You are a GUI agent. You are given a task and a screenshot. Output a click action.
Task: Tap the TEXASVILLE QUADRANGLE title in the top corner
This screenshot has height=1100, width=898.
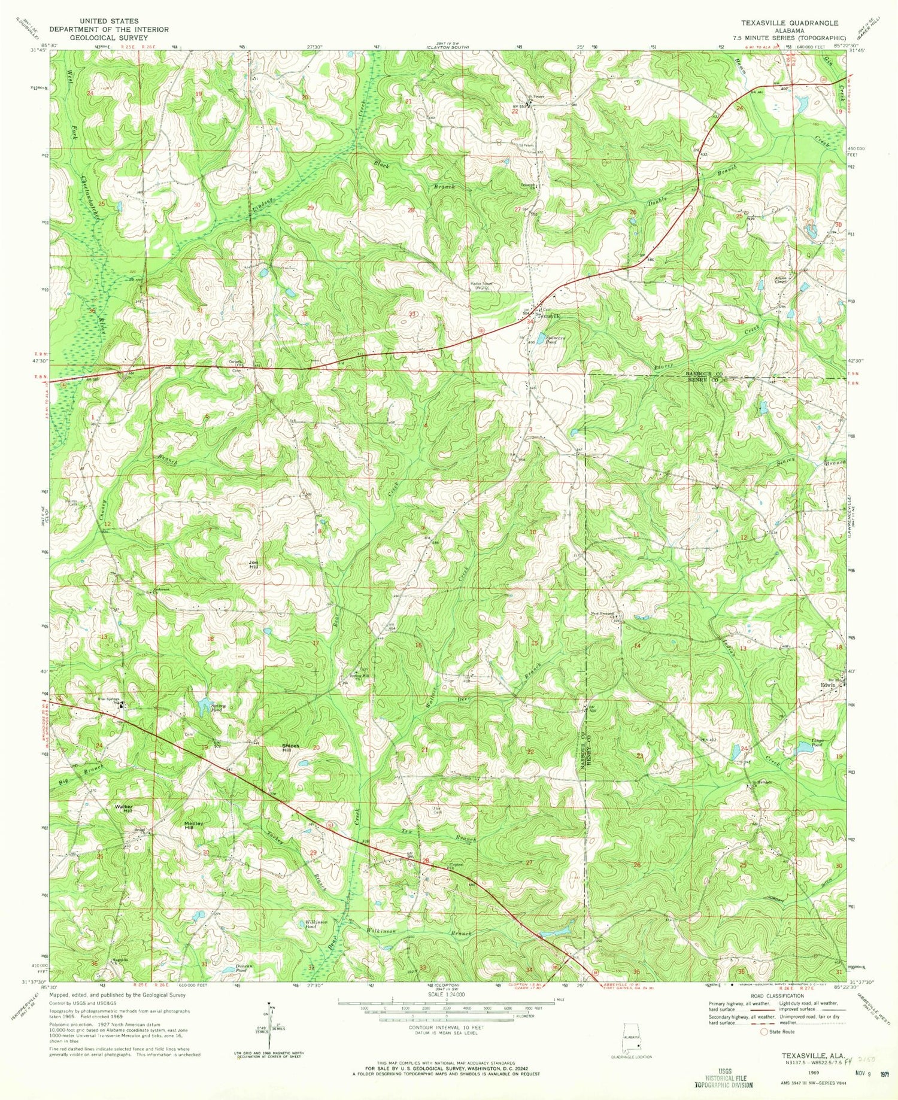(789, 22)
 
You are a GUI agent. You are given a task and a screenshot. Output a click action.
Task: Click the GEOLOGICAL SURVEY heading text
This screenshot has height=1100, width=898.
(108, 37)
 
